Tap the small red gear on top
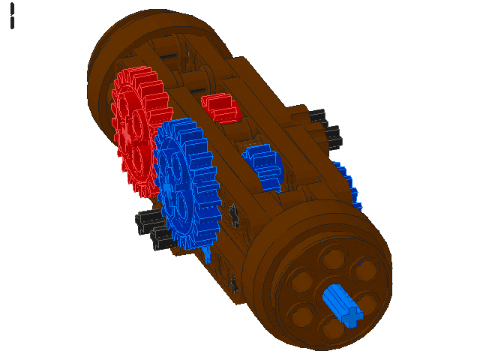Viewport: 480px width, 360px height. click(219, 106)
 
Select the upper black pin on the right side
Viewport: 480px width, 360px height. click(318, 117)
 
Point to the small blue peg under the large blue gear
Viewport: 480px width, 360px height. click(208, 255)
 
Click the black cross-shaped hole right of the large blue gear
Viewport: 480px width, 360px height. click(235, 215)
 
